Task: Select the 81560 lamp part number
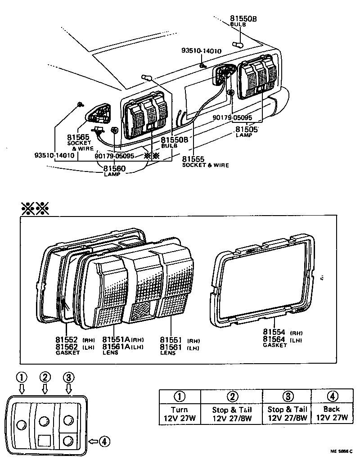click(x=114, y=169)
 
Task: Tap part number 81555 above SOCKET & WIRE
click(x=193, y=159)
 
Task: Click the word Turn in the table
click(x=180, y=410)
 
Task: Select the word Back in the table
click(x=332, y=409)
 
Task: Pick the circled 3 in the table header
click(x=288, y=397)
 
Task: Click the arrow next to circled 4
click(x=93, y=442)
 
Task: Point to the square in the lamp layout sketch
click(x=45, y=440)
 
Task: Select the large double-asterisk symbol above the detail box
click(x=35, y=208)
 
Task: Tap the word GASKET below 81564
click(x=275, y=345)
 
